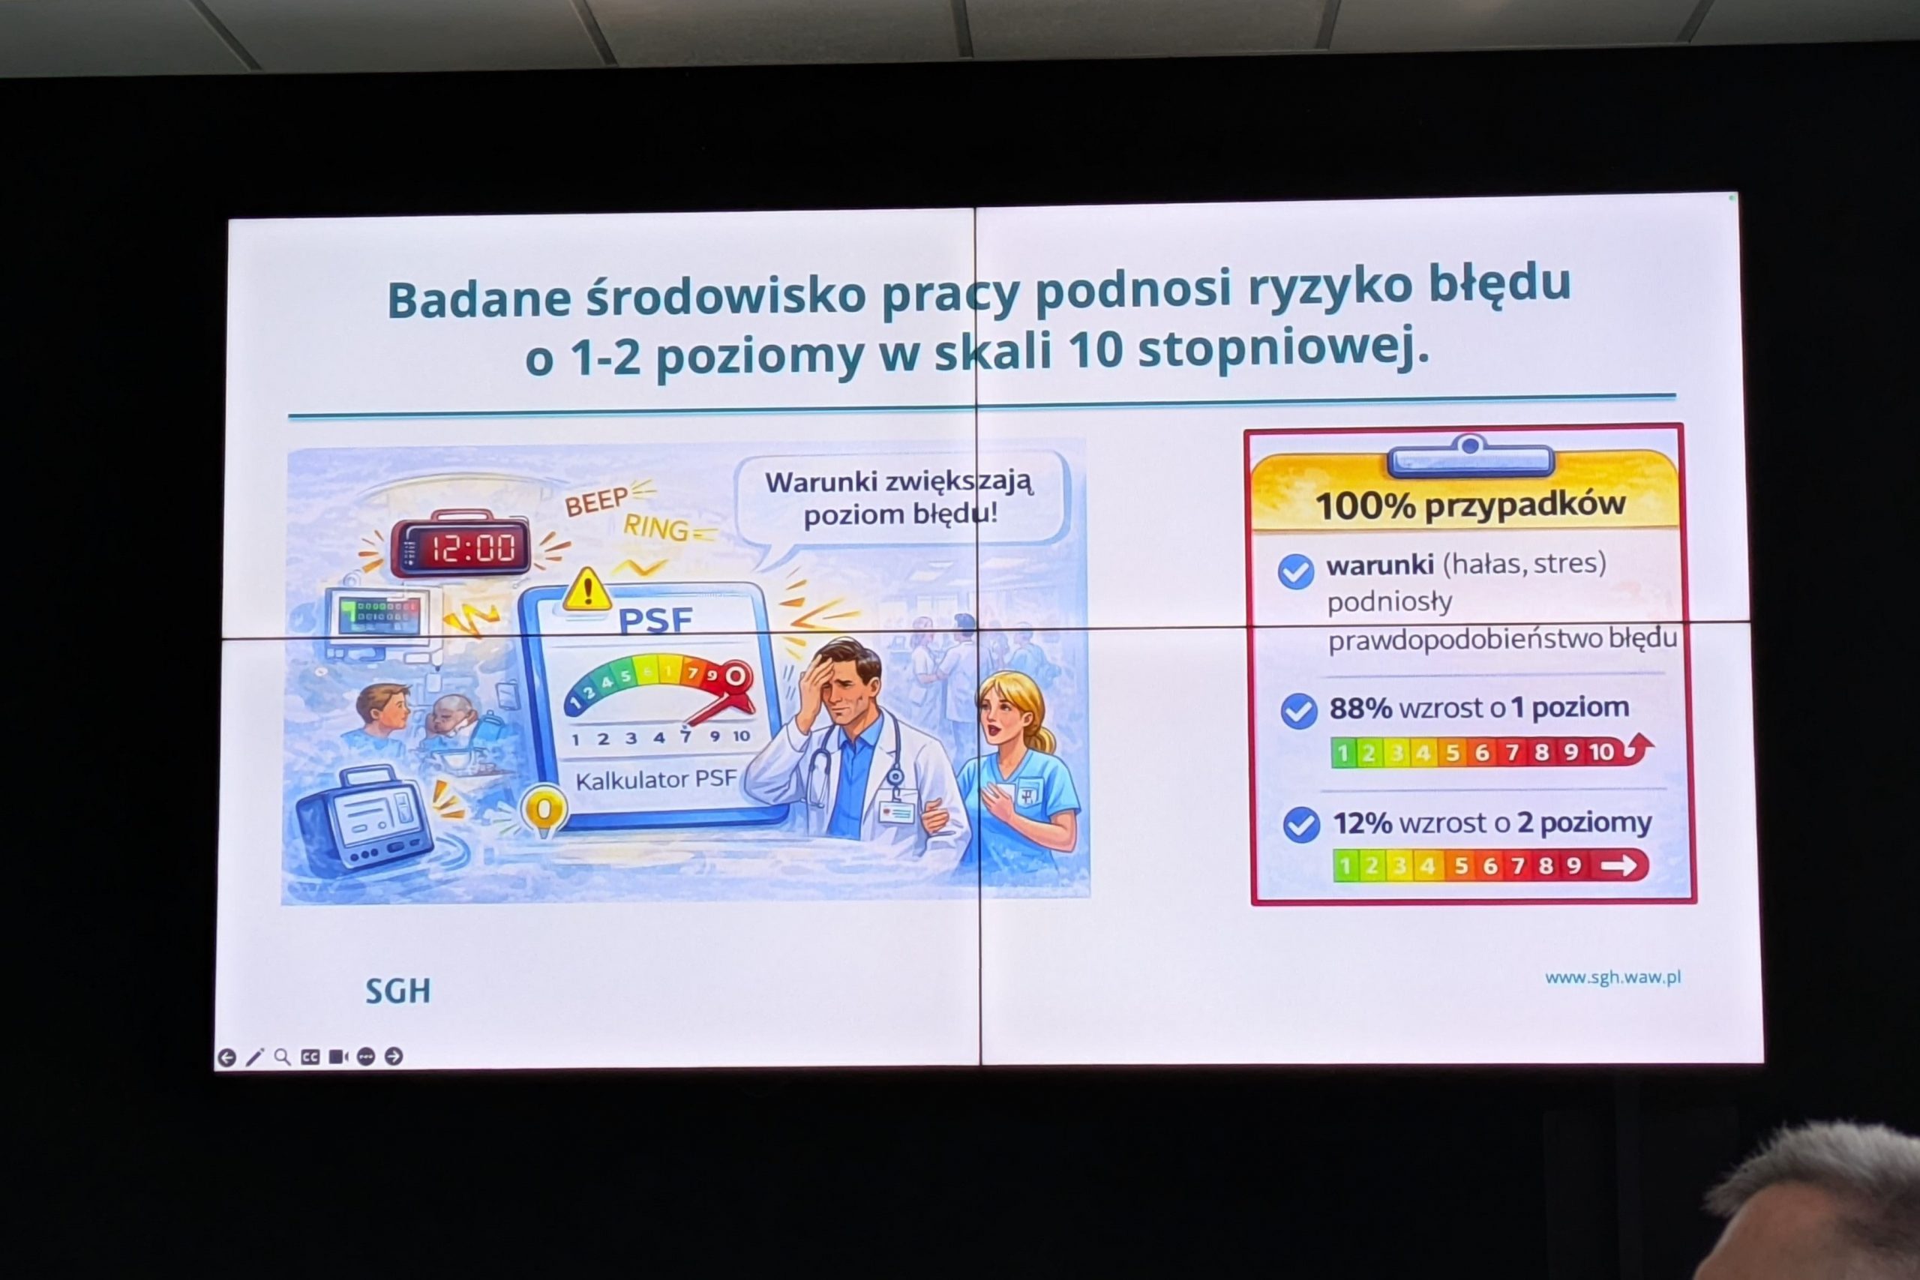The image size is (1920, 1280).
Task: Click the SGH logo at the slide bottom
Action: click(397, 991)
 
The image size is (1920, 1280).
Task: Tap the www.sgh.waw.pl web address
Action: click(1612, 977)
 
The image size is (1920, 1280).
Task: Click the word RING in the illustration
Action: click(655, 527)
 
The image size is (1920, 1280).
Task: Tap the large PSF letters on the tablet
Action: click(655, 621)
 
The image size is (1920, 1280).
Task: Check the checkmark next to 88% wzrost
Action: click(1299, 711)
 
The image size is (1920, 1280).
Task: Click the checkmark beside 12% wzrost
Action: click(1301, 825)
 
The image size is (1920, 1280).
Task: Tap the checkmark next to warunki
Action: click(1295, 571)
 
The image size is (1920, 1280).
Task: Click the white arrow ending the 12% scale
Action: click(1618, 865)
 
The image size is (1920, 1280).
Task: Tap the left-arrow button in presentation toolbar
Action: click(227, 1058)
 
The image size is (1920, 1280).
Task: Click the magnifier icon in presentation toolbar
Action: click(283, 1057)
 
